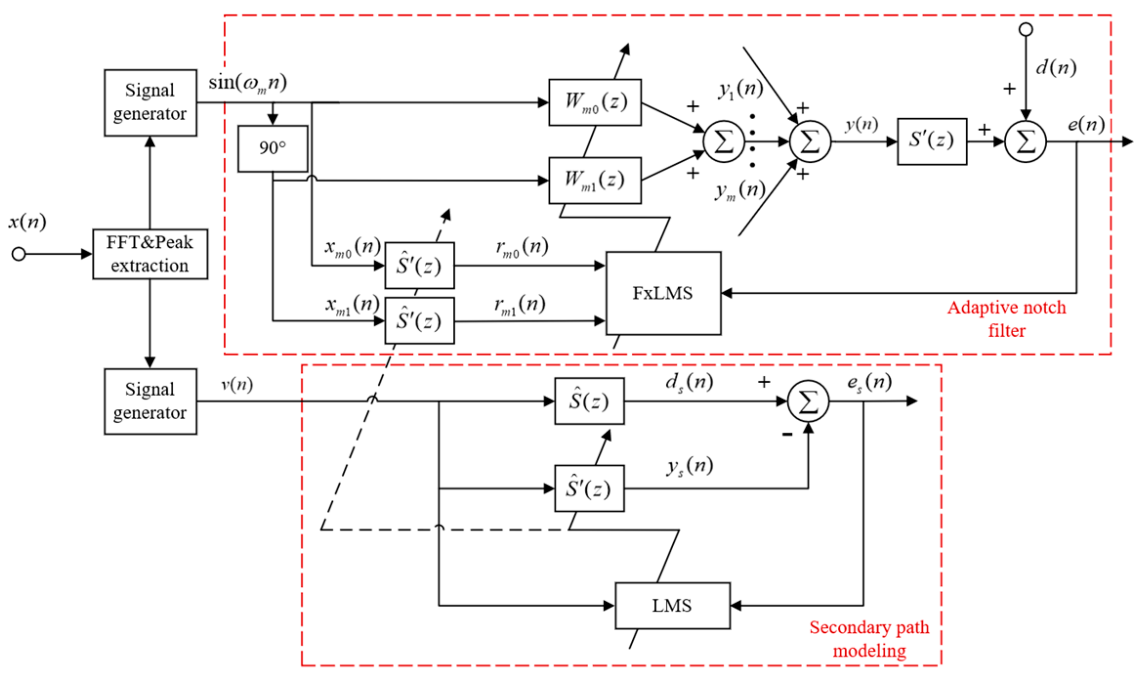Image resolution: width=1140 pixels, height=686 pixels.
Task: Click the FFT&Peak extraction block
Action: [x=150, y=254]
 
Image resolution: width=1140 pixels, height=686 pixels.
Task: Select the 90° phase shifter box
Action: [x=272, y=149]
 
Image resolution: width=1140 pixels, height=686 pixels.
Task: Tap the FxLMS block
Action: [x=663, y=293]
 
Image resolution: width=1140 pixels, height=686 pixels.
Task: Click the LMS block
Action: [x=672, y=605]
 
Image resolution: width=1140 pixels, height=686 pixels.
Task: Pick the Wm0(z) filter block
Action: [x=595, y=103]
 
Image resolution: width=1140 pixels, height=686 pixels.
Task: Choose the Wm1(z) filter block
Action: [x=595, y=180]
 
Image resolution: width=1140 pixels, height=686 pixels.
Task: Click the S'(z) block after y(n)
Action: [x=932, y=141]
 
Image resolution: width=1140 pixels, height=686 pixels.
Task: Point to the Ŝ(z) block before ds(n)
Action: [x=589, y=401]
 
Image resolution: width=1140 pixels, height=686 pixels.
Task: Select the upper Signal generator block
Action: [x=150, y=103]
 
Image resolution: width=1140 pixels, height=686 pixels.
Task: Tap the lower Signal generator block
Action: [x=150, y=401]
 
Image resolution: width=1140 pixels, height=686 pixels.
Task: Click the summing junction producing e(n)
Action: [x=1025, y=142]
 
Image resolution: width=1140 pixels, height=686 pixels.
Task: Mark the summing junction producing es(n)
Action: [x=808, y=401]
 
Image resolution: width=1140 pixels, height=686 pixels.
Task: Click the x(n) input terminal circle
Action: [x=19, y=254]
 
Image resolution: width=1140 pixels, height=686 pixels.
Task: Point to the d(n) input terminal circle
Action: [x=1025, y=29]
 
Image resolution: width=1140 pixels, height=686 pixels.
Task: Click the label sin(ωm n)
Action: [x=248, y=83]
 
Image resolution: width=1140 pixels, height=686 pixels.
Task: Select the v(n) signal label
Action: [x=237, y=385]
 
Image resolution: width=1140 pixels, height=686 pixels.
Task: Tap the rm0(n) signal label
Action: [x=521, y=247]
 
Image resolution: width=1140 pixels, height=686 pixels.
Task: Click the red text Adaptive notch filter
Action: [x=1007, y=319]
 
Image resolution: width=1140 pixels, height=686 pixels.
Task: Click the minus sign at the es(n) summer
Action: [x=787, y=434]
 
